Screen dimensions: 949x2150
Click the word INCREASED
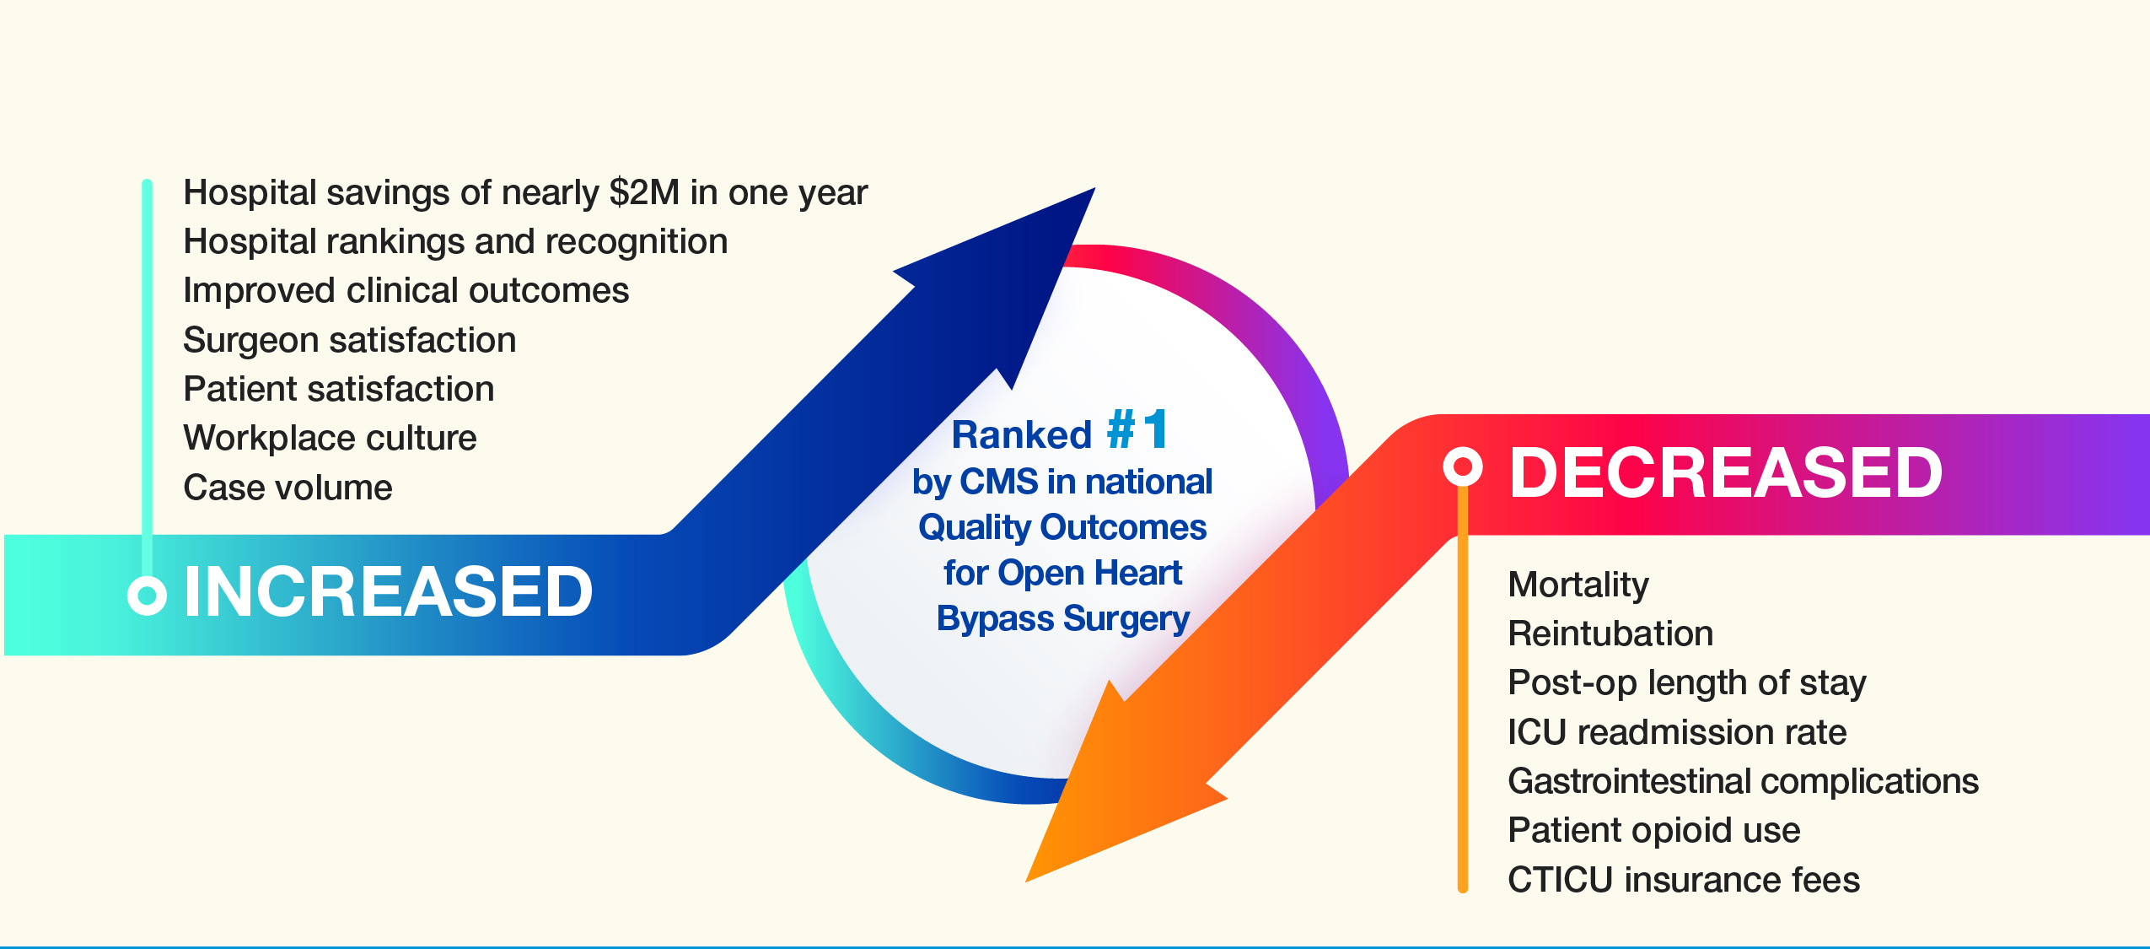coord(388,592)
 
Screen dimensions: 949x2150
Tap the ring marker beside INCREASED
coord(147,595)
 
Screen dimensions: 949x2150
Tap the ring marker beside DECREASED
coord(1462,466)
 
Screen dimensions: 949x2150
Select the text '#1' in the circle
coord(1137,430)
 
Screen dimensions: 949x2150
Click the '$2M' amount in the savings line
coord(644,193)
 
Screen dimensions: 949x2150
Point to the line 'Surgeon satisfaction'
coord(349,341)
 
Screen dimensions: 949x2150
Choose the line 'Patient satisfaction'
coord(338,390)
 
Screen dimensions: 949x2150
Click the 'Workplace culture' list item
coord(330,439)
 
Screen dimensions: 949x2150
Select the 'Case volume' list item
coord(288,488)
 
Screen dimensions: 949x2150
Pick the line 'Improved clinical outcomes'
coord(406,291)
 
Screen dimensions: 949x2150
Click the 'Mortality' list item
coord(1578,585)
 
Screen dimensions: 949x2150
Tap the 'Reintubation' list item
coord(1610,634)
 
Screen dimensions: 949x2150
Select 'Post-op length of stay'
coord(1686,682)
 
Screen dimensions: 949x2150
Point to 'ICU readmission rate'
coord(1676,732)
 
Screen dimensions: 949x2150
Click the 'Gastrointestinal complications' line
coord(1743,781)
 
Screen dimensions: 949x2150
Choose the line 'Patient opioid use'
coord(1653,830)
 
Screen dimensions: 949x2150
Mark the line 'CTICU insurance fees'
coord(1683,880)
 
